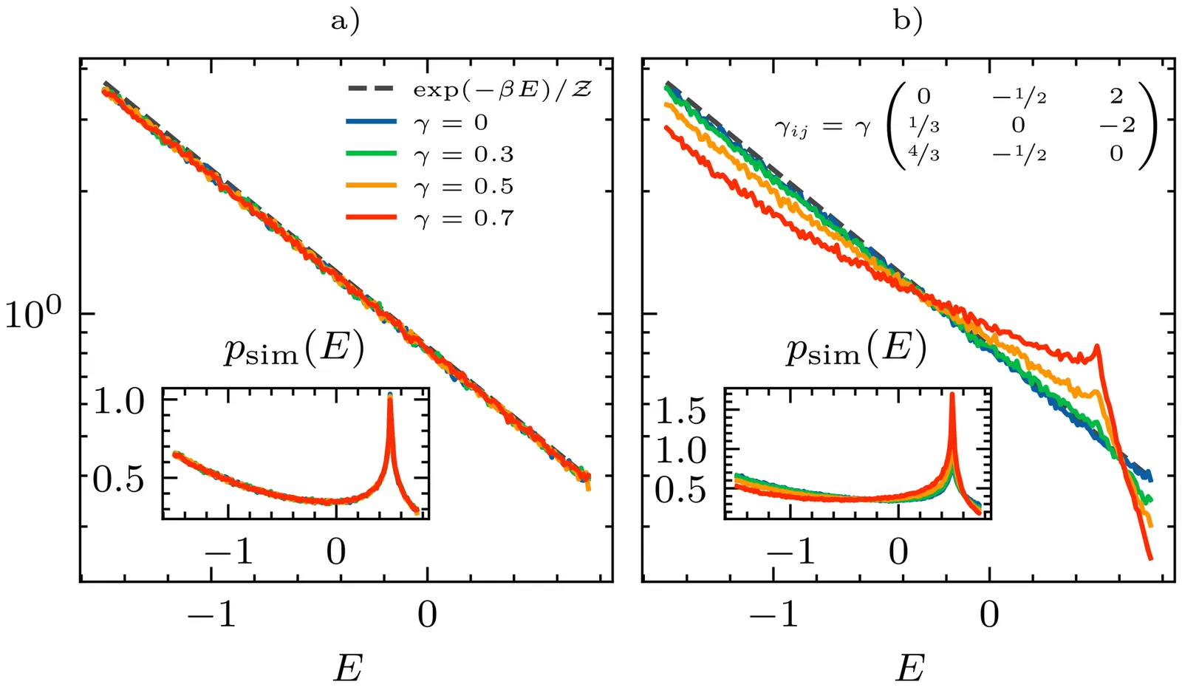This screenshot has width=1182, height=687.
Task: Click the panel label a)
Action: (x=345, y=21)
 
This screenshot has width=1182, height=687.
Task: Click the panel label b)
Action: (x=908, y=21)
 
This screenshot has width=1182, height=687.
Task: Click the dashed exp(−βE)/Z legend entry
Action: (x=502, y=91)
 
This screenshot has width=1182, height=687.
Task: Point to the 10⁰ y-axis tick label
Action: (x=35, y=314)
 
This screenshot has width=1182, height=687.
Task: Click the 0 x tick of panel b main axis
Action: (x=989, y=614)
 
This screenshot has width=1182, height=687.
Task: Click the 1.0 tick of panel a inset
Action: (x=118, y=402)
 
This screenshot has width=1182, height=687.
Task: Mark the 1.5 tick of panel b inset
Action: (x=680, y=411)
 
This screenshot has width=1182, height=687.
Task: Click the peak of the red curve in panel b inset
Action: (x=952, y=394)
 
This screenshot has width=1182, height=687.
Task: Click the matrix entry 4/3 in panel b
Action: (x=923, y=154)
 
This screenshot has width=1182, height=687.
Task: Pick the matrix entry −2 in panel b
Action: (x=1116, y=125)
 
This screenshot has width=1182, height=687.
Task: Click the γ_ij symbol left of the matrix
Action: (x=790, y=129)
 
